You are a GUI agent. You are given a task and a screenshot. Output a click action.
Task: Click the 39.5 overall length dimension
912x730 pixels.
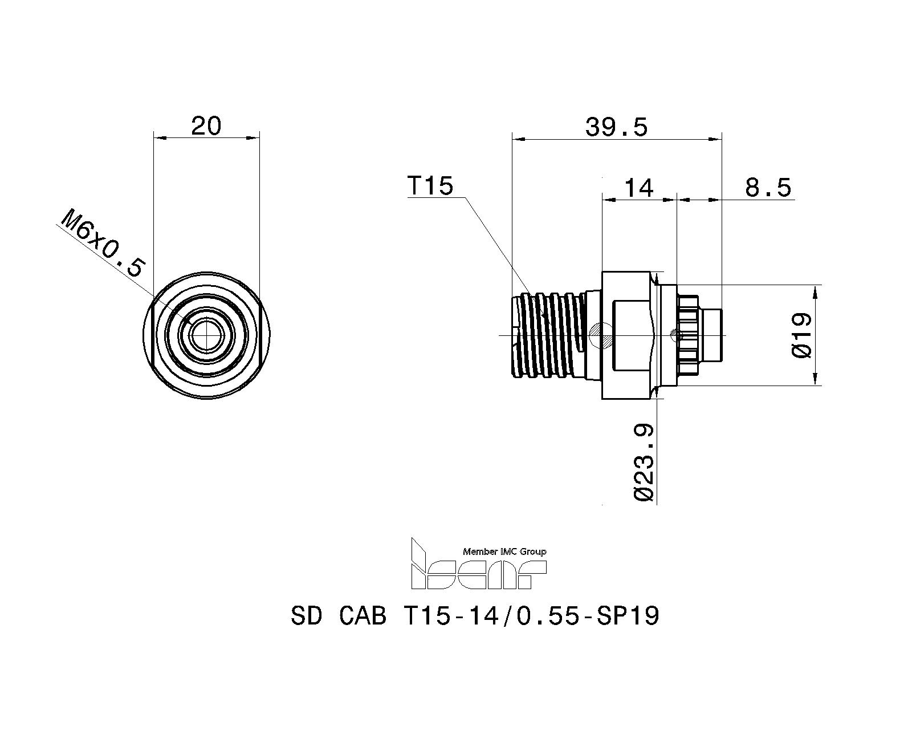[617, 127]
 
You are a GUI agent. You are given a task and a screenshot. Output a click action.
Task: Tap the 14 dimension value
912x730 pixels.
[639, 188]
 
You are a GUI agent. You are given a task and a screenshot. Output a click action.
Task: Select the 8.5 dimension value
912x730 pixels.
[768, 188]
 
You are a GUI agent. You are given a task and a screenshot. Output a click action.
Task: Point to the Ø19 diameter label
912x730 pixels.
[801, 335]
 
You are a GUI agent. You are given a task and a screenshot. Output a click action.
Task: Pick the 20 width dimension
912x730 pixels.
[206, 126]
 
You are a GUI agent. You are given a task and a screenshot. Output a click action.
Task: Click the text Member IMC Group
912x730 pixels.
[504, 552]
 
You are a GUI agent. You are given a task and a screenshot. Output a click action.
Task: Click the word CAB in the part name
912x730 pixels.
[363, 616]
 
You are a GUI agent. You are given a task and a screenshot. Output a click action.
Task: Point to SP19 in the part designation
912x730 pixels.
[628, 616]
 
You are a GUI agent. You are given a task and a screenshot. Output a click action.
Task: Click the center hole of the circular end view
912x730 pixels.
[206, 335]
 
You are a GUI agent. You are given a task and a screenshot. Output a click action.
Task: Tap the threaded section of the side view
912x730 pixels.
[549, 334]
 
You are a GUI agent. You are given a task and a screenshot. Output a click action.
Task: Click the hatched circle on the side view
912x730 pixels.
[600, 335]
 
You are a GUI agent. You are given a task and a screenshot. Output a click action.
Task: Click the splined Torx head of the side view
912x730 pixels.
[687, 335]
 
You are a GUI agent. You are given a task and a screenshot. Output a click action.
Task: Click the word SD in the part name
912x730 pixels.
[307, 616]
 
